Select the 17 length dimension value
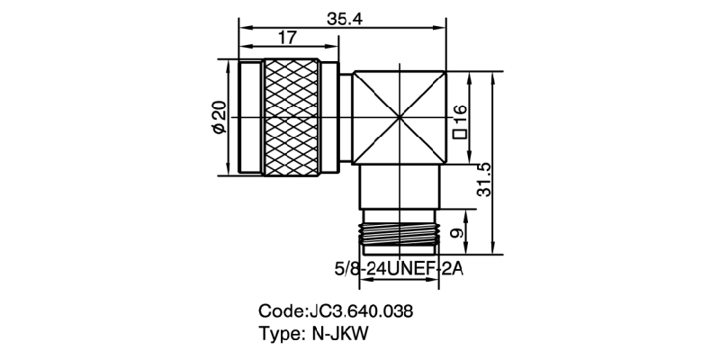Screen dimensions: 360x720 (x=288, y=37)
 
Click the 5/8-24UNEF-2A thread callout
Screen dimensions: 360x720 (x=399, y=267)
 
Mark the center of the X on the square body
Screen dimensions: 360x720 (x=400, y=118)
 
